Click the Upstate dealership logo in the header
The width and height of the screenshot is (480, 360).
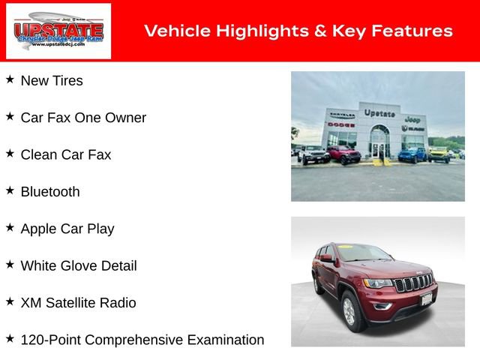click(58, 31)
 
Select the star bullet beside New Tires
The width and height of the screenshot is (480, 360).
click(10, 79)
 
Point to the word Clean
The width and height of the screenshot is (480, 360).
click(39, 154)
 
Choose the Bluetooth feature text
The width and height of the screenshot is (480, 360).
click(50, 192)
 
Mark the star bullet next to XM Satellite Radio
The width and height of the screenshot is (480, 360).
click(10, 301)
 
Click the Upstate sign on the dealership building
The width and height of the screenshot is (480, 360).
click(379, 112)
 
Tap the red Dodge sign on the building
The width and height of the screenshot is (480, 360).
click(341, 124)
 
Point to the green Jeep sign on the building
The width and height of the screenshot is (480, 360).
click(412, 119)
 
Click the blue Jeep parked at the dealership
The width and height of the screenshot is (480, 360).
click(412, 155)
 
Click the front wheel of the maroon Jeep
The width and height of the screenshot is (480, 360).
click(350, 310)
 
